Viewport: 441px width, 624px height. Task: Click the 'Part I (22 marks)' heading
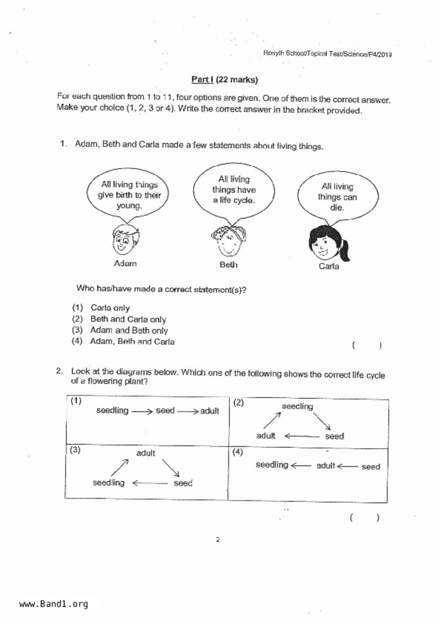(224, 79)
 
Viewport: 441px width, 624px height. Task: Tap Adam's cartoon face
(125, 240)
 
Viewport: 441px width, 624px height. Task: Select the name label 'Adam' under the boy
(125, 264)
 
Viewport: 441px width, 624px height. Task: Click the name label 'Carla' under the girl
(329, 266)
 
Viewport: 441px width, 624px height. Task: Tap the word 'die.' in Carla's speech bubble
(337, 207)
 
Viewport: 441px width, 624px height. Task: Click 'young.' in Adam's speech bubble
(129, 206)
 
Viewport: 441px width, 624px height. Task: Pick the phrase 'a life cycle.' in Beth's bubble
(234, 200)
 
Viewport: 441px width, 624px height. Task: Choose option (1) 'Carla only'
(110, 308)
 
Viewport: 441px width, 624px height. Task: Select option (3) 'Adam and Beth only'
(128, 330)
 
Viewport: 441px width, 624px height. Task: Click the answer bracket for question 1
(367, 345)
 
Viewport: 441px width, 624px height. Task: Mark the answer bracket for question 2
(364, 518)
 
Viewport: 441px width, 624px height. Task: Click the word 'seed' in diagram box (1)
(165, 411)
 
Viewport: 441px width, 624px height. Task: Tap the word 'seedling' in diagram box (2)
(297, 406)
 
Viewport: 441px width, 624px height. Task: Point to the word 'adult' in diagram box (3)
(146, 453)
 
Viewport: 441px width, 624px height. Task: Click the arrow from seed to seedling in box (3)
(149, 483)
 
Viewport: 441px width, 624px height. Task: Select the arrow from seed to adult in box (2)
(302, 436)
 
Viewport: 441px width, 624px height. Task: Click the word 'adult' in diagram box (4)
(326, 466)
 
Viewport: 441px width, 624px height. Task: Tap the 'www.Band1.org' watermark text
(53, 604)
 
